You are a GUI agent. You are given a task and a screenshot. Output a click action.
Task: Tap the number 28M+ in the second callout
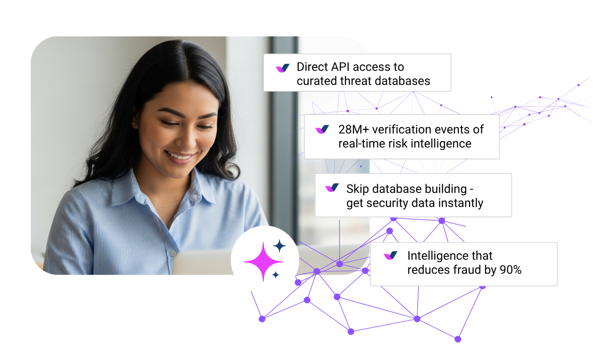(353, 129)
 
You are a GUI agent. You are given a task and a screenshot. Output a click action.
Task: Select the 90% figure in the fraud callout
(511, 270)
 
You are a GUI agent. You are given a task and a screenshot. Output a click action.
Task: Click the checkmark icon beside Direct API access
(283, 68)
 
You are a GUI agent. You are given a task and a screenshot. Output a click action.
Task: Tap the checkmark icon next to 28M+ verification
(322, 130)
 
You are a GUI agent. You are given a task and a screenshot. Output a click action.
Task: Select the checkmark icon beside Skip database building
(332, 188)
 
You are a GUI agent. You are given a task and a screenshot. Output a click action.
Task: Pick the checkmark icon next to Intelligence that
(391, 256)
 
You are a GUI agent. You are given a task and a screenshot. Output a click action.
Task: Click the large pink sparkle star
(263, 262)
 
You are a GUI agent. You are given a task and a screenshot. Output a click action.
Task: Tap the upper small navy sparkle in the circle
(279, 246)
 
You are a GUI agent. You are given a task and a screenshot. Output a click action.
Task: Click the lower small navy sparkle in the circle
(276, 275)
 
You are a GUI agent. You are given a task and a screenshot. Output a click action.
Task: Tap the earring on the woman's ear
(133, 125)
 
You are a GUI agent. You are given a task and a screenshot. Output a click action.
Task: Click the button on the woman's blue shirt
(173, 254)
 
